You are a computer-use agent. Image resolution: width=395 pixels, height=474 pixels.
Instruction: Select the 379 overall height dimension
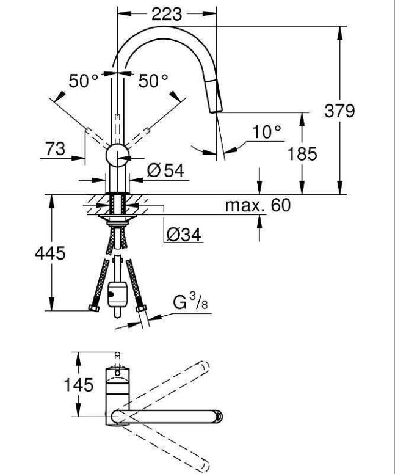pyautogui.click(x=357, y=112)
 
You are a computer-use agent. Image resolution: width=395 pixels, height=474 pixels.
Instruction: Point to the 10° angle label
pyautogui.click(x=267, y=132)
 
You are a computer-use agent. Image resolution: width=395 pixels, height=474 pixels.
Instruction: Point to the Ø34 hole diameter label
pyautogui.click(x=183, y=233)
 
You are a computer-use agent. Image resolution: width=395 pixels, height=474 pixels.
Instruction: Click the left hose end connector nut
pyautogui.click(x=94, y=307)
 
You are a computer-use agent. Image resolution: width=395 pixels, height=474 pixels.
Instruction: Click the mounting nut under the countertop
pyautogui.click(x=117, y=217)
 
